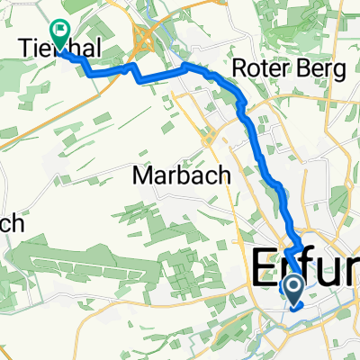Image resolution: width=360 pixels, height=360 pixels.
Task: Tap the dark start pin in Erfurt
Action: tap(293, 288)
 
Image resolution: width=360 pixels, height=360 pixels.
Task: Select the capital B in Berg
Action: tap(311, 70)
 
